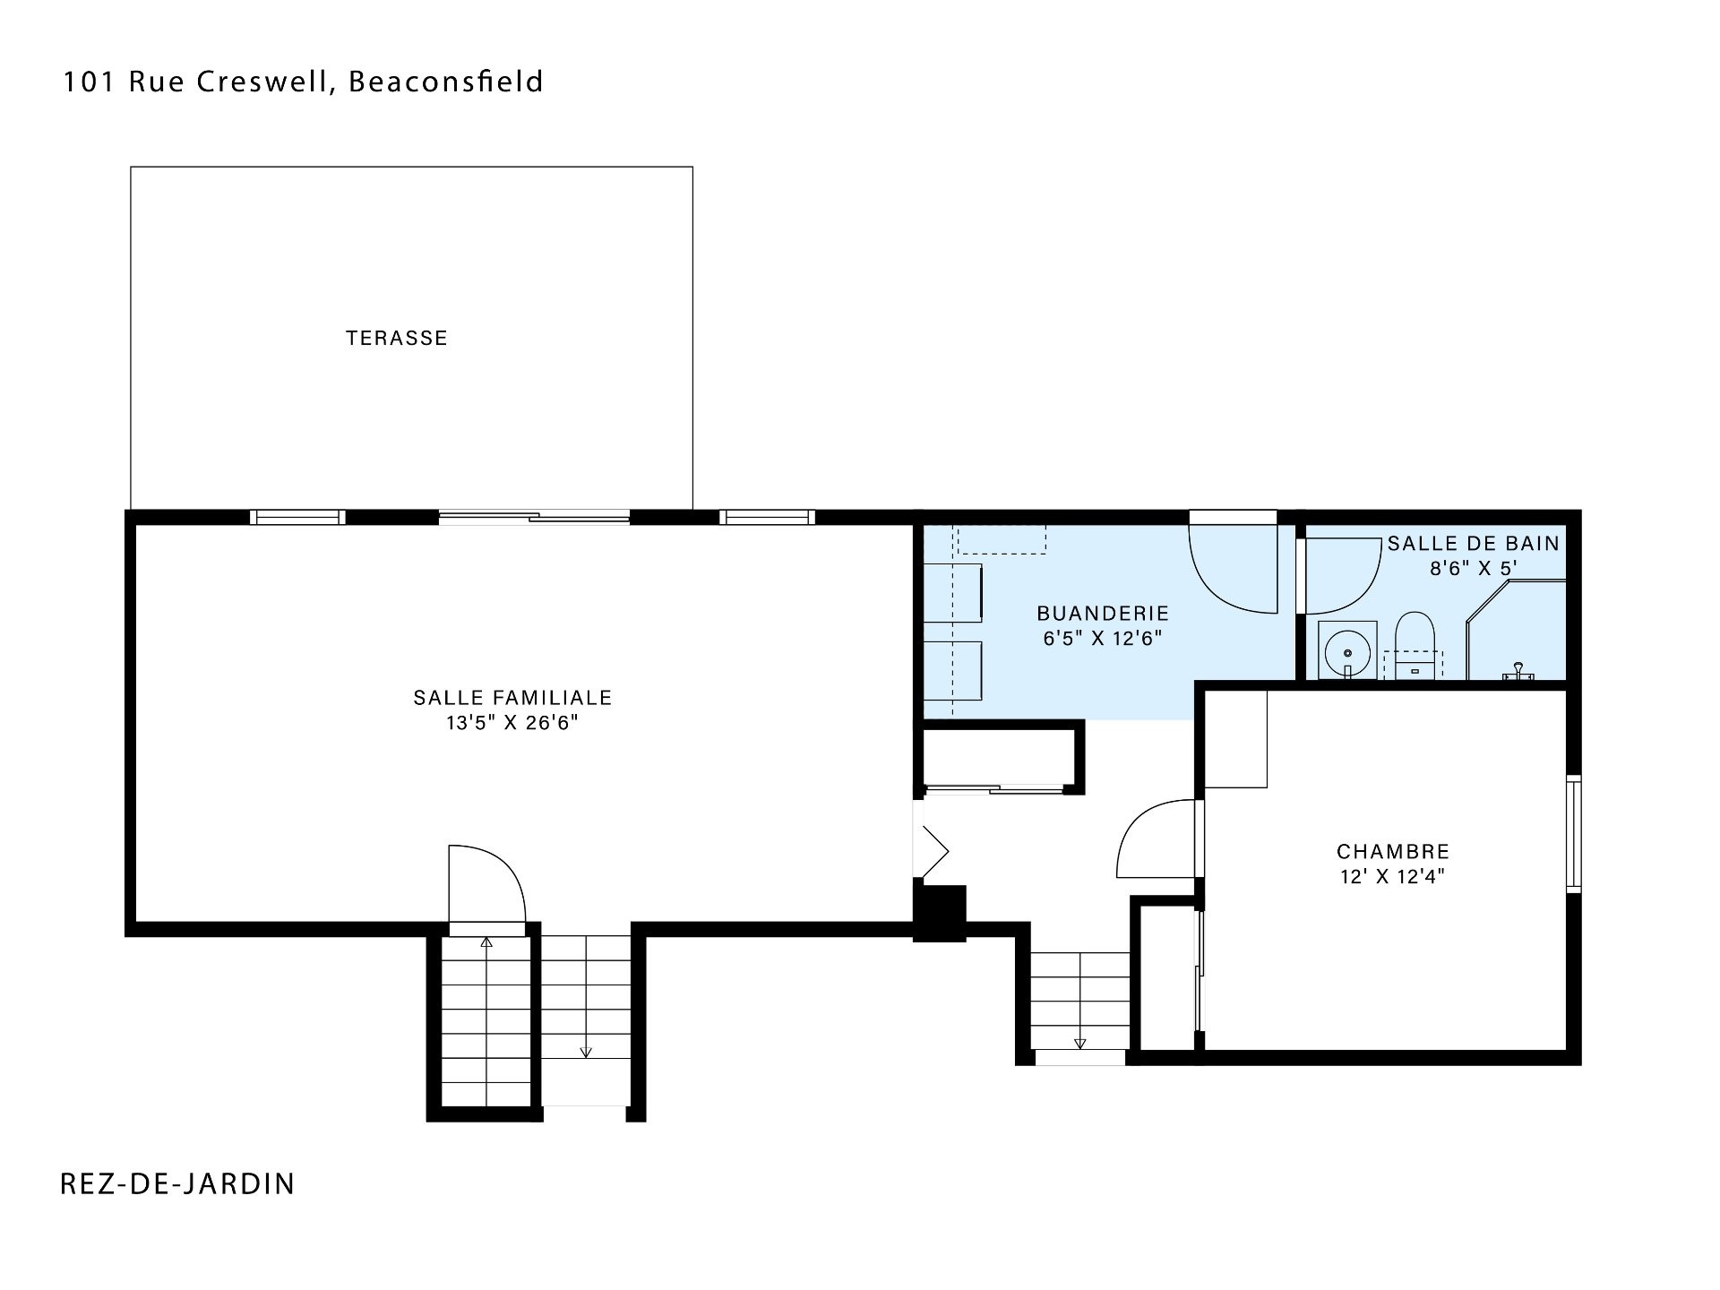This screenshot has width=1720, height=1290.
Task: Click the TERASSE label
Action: click(397, 339)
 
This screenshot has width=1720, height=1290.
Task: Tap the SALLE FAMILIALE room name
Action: click(512, 698)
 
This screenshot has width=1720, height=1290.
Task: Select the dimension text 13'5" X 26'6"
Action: click(512, 723)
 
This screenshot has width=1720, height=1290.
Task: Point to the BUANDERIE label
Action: click(1103, 614)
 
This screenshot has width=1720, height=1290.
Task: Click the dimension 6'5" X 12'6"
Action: click(1103, 639)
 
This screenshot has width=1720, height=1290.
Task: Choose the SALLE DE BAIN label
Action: click(1474, 543)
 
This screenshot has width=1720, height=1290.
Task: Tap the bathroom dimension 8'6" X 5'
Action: click(1474, 568)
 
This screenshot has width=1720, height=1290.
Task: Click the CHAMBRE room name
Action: click(1393, 851)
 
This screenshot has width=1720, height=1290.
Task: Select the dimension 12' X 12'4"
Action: click(1393, 876)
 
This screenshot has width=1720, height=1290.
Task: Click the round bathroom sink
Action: click(1347, 649)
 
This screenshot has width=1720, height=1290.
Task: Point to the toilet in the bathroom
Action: click(1415, 638)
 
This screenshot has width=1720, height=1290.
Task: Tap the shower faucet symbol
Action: click(1518, 671)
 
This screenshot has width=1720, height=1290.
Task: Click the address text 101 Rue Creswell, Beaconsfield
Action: click(303, 82)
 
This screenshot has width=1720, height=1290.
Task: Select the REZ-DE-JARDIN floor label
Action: click(177, 1183)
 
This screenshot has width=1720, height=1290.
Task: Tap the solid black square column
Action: click(939, 912)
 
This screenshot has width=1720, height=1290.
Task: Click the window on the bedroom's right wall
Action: click(1574, 833)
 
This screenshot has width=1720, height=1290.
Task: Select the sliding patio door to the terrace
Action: click(534, 517)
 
